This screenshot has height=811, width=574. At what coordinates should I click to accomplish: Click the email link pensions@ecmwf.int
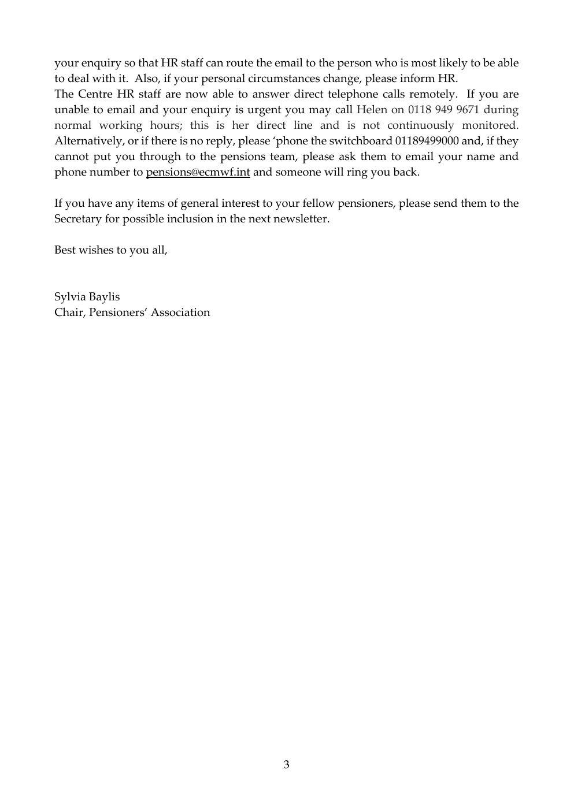point(198,172)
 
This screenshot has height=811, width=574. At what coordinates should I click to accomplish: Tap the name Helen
point(372,110)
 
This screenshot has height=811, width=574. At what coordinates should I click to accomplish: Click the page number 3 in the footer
point(287,765)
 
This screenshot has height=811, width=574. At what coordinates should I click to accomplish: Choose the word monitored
point(490,125)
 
